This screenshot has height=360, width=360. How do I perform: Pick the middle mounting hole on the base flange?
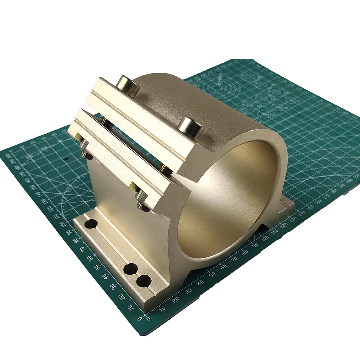click(131, 269)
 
